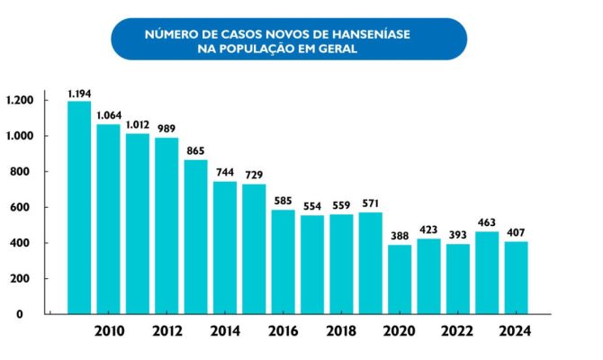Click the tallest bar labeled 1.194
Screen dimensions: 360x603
coord(79,207)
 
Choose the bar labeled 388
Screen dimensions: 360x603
coord(400,279)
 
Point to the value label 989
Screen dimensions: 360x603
coord(166,129)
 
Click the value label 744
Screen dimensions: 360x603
coord(225,173)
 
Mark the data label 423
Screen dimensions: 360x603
coord(428,229)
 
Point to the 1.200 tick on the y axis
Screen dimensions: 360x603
coord(20,100)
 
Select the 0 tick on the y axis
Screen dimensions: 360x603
coord(31,314)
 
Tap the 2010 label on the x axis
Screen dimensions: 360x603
coord(109,330)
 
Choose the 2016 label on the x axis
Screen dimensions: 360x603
coord(283,330)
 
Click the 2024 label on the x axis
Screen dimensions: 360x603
coord(517,330)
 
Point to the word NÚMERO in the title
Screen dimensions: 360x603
coord(170,33)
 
